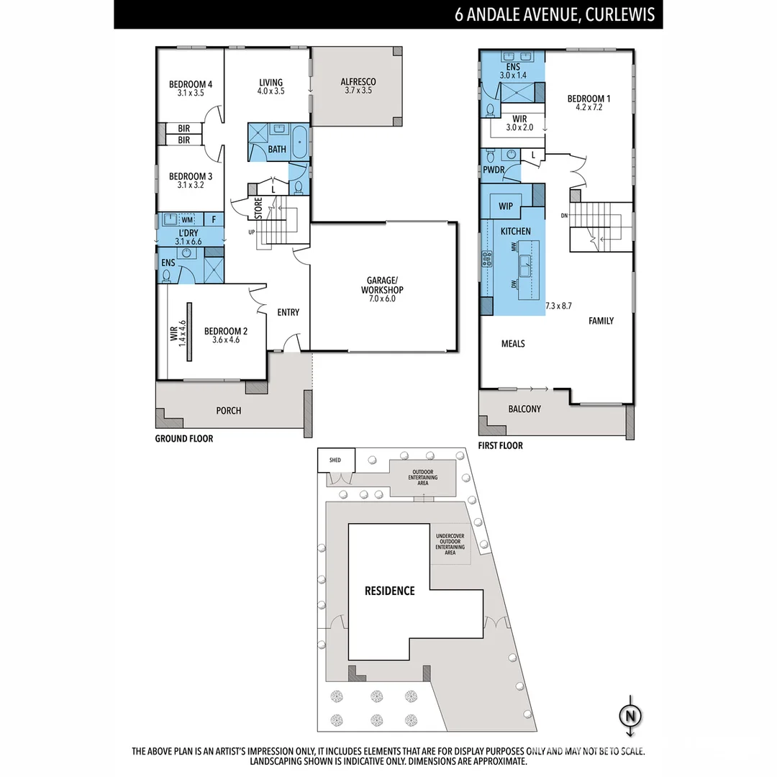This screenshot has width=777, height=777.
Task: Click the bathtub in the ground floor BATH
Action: [x=299, y=138]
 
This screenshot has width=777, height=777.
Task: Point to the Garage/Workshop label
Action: [x=383, y=285]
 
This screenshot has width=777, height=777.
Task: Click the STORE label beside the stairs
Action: [x=258, y=208]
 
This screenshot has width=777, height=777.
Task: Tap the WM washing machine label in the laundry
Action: [x=187, y=219]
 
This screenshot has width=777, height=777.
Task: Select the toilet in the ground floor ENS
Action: [x=167, y=275]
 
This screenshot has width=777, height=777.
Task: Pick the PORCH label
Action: [x=229, y=411]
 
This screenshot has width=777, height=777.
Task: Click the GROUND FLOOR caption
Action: [x=184, y=438]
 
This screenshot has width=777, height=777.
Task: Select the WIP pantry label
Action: [x=506, y=206]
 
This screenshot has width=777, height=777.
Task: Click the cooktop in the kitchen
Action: [x=487, y=258]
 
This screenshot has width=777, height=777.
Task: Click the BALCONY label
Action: [x=524, y=409]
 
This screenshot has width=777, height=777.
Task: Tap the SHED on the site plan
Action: [x=335, y=460]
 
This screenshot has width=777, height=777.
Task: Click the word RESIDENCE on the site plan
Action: [x=389, y=591]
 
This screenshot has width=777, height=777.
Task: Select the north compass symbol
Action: [x=631, y=716]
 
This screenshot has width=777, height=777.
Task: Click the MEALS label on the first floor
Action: [x=513, y=344]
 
